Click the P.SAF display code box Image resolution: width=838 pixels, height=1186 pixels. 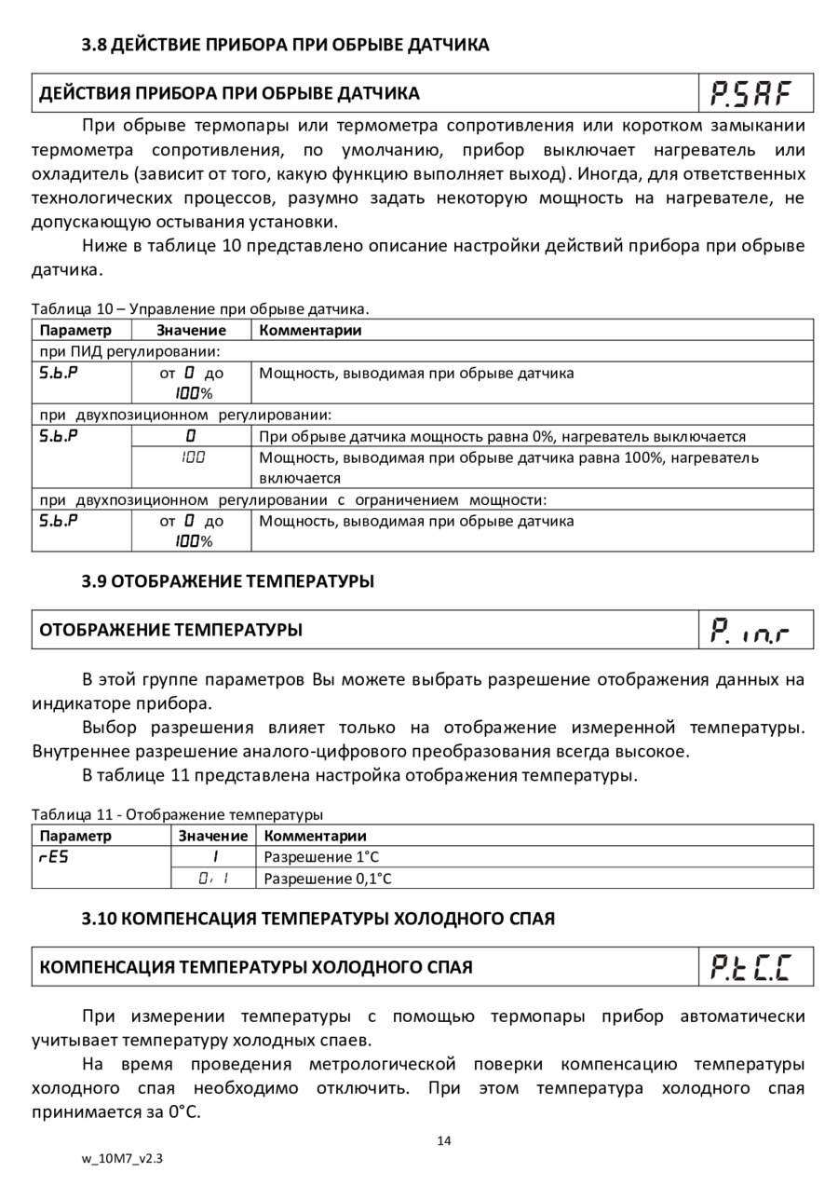tap(755, 93)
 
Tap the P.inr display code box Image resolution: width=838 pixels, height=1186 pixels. tap(755, 630)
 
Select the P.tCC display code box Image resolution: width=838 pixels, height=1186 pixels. tap(755, 967)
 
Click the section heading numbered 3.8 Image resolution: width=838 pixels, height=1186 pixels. tap(285, 45)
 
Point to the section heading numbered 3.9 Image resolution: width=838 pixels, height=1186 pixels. tap(228, 581)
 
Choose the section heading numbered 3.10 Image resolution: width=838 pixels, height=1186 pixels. tap(318, 919)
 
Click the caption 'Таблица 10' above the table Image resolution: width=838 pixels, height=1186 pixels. tap(200, 308)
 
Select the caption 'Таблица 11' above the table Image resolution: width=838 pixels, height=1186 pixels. tap(177, 814)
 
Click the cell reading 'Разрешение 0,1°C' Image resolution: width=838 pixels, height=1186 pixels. tap(328, 879)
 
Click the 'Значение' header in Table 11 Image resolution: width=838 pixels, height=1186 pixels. tap(213, 836)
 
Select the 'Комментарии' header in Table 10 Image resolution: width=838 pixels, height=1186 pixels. tap(310, 330)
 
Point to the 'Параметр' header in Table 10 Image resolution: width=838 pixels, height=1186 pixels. tap(75, 330)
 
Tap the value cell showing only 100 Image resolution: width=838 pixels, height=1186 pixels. tap(192, 457)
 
